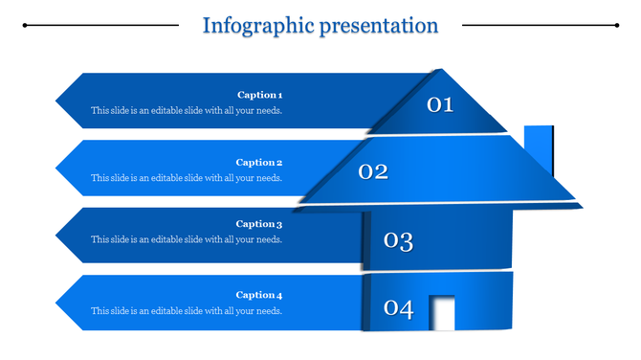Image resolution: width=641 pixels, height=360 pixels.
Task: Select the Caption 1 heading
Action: pos(259,95)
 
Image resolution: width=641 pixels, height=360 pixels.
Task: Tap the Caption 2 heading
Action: pos(259,163)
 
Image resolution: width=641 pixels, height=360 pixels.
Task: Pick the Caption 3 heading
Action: pos(259,224)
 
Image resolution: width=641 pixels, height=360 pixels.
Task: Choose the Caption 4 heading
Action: pos(259,295)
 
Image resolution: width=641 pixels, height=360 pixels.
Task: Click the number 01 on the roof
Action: pos(439,104)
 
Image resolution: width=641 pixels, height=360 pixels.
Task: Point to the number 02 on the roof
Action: pos(373,172)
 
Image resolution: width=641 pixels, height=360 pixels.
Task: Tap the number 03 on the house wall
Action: pos(398,240)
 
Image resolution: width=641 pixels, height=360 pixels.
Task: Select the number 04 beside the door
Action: pos(398,308)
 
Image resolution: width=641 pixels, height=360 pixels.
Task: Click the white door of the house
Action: pos(442,313)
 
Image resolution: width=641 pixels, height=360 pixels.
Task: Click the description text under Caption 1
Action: pos(187,110)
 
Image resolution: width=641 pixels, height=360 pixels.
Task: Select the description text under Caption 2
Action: pos(187,178)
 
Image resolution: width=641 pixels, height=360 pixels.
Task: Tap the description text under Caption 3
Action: pos(187,239)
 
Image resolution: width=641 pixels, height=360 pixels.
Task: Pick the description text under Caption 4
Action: pos(187,310)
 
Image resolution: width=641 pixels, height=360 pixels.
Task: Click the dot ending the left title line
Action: pos(25,26)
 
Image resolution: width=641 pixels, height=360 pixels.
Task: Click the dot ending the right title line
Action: pos(615,26)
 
